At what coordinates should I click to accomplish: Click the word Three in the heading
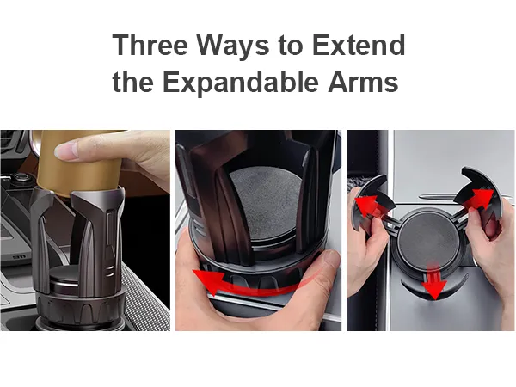[150, 45]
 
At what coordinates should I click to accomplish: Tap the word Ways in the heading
[233, 47]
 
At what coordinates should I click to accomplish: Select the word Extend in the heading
[359, 45]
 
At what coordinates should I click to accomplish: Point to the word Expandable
[240, 83]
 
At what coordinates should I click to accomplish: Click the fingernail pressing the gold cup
[65, 151]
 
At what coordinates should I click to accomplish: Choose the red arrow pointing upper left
[368, 206]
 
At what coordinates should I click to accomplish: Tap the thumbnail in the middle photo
[332, 260]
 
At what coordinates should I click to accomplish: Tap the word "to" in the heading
[291, 46]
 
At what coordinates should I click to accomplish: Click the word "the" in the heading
[133, 82]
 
